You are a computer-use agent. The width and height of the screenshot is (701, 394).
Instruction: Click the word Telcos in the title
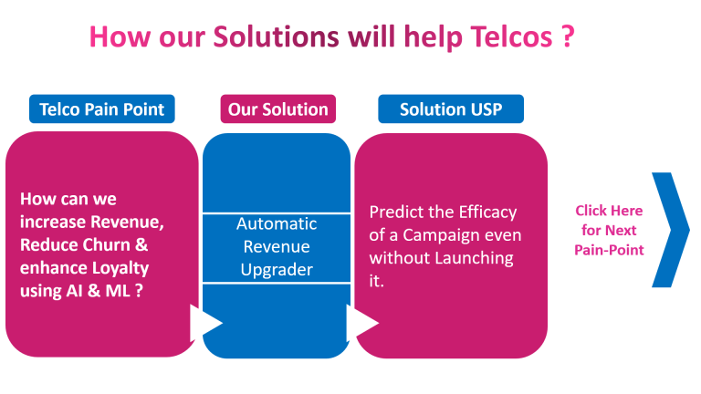(511, 36)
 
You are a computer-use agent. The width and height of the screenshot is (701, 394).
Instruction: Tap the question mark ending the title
(568, 36)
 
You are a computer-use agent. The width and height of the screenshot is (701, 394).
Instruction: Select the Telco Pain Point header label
(102, 109)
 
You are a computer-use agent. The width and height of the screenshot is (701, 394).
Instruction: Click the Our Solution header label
(278, 109)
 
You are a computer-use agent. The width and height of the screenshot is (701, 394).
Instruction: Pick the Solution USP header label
(451, 109)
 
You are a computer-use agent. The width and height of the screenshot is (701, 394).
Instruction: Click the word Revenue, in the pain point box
(128, 222)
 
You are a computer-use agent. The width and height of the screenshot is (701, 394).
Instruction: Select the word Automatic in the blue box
(277, 223)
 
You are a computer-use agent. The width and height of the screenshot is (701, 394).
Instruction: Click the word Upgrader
(277, 270)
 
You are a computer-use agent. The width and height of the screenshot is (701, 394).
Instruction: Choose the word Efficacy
(487, 213)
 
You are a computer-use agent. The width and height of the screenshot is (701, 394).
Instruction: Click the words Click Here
(609, 211)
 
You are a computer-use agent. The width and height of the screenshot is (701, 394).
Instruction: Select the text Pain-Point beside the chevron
(609, 250)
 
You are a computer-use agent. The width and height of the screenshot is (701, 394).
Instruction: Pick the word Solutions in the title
(276, 36)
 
